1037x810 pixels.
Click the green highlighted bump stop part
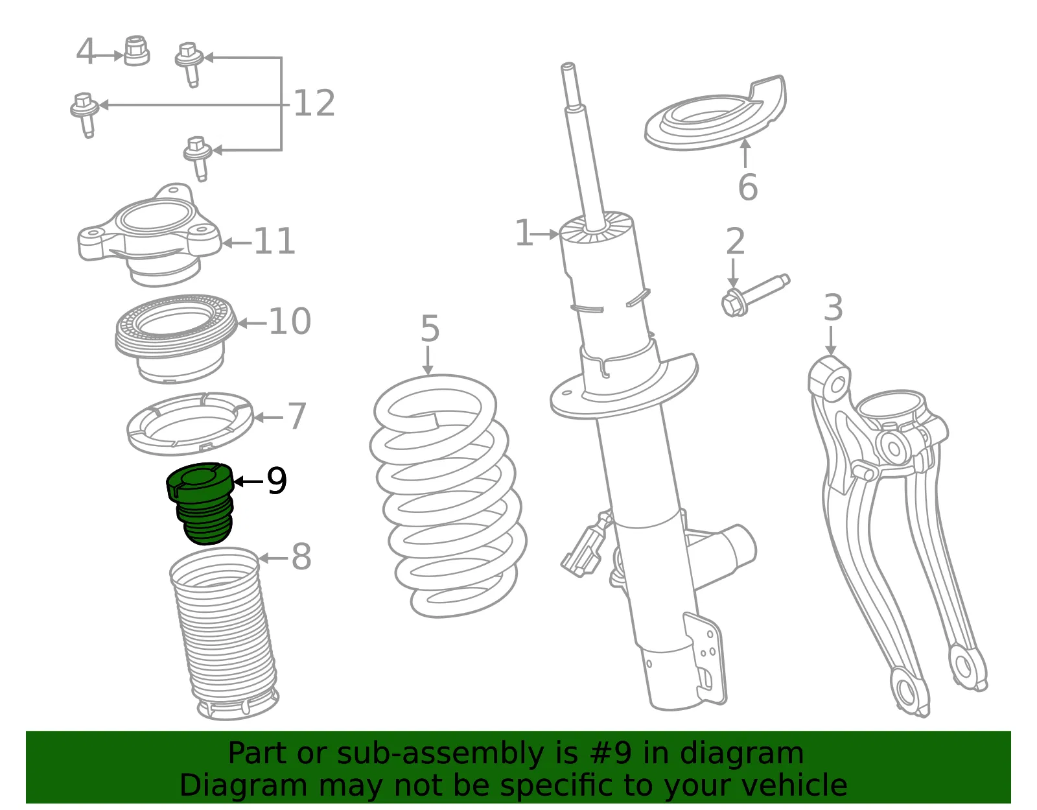[200, 503]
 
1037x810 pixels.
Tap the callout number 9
[277, 481]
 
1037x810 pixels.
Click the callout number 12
[314, 103]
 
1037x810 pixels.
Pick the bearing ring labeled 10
[176, 339]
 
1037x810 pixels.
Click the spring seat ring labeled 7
[191, 424]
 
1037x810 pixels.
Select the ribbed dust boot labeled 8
[224, 634]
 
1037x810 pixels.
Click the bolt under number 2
[755, 296]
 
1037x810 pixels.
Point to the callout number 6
[748, 187]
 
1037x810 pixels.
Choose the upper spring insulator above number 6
[715, 113]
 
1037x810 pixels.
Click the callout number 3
[833, 307]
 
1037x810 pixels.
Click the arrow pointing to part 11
[237, 243]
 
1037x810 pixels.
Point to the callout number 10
[290, 321]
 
